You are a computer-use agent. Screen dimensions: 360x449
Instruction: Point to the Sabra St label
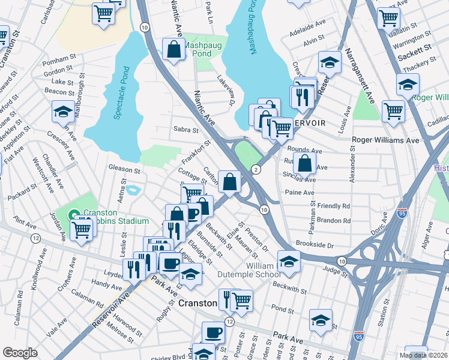[x=185, y=130]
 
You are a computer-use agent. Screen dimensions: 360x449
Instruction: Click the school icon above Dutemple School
[x=288, y=262]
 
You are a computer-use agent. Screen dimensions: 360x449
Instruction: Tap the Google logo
[x=20, y=353]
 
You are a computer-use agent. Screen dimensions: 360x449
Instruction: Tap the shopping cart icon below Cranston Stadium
[x=81, y=229]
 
